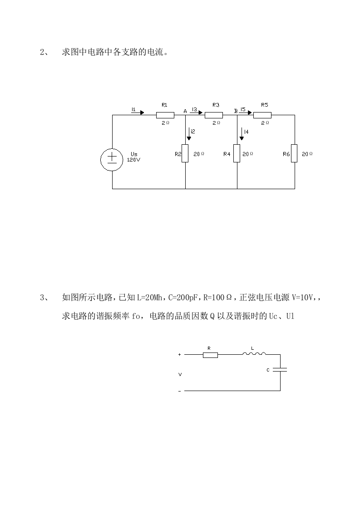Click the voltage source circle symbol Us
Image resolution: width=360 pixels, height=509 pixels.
click(112, 159)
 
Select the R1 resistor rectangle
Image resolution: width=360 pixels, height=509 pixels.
click(165, 115)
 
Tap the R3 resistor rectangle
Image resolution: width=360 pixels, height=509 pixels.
click(213, 115)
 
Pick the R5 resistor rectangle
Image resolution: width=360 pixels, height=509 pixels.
click(262, 115)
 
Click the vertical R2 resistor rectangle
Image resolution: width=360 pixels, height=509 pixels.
click(185, 153)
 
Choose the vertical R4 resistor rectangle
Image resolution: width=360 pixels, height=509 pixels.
click(237, 153)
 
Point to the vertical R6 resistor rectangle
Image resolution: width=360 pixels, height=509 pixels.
click(295, 153)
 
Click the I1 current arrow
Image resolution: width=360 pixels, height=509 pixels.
click(138, 112)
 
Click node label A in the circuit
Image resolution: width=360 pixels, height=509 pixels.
click(185, 111)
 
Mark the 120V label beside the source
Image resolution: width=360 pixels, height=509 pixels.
click(134, 160)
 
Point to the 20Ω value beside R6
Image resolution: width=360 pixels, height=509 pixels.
click(307, 154)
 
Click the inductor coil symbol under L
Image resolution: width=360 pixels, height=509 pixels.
click(254, 354)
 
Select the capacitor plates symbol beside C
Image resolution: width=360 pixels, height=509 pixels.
click(280, 370)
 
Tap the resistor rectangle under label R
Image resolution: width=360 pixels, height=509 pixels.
click(210, 355)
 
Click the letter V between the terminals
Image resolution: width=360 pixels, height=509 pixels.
click(180, 375)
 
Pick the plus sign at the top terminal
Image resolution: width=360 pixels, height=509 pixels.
click(180, 355)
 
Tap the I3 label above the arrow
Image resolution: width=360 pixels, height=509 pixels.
click(194, 109)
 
